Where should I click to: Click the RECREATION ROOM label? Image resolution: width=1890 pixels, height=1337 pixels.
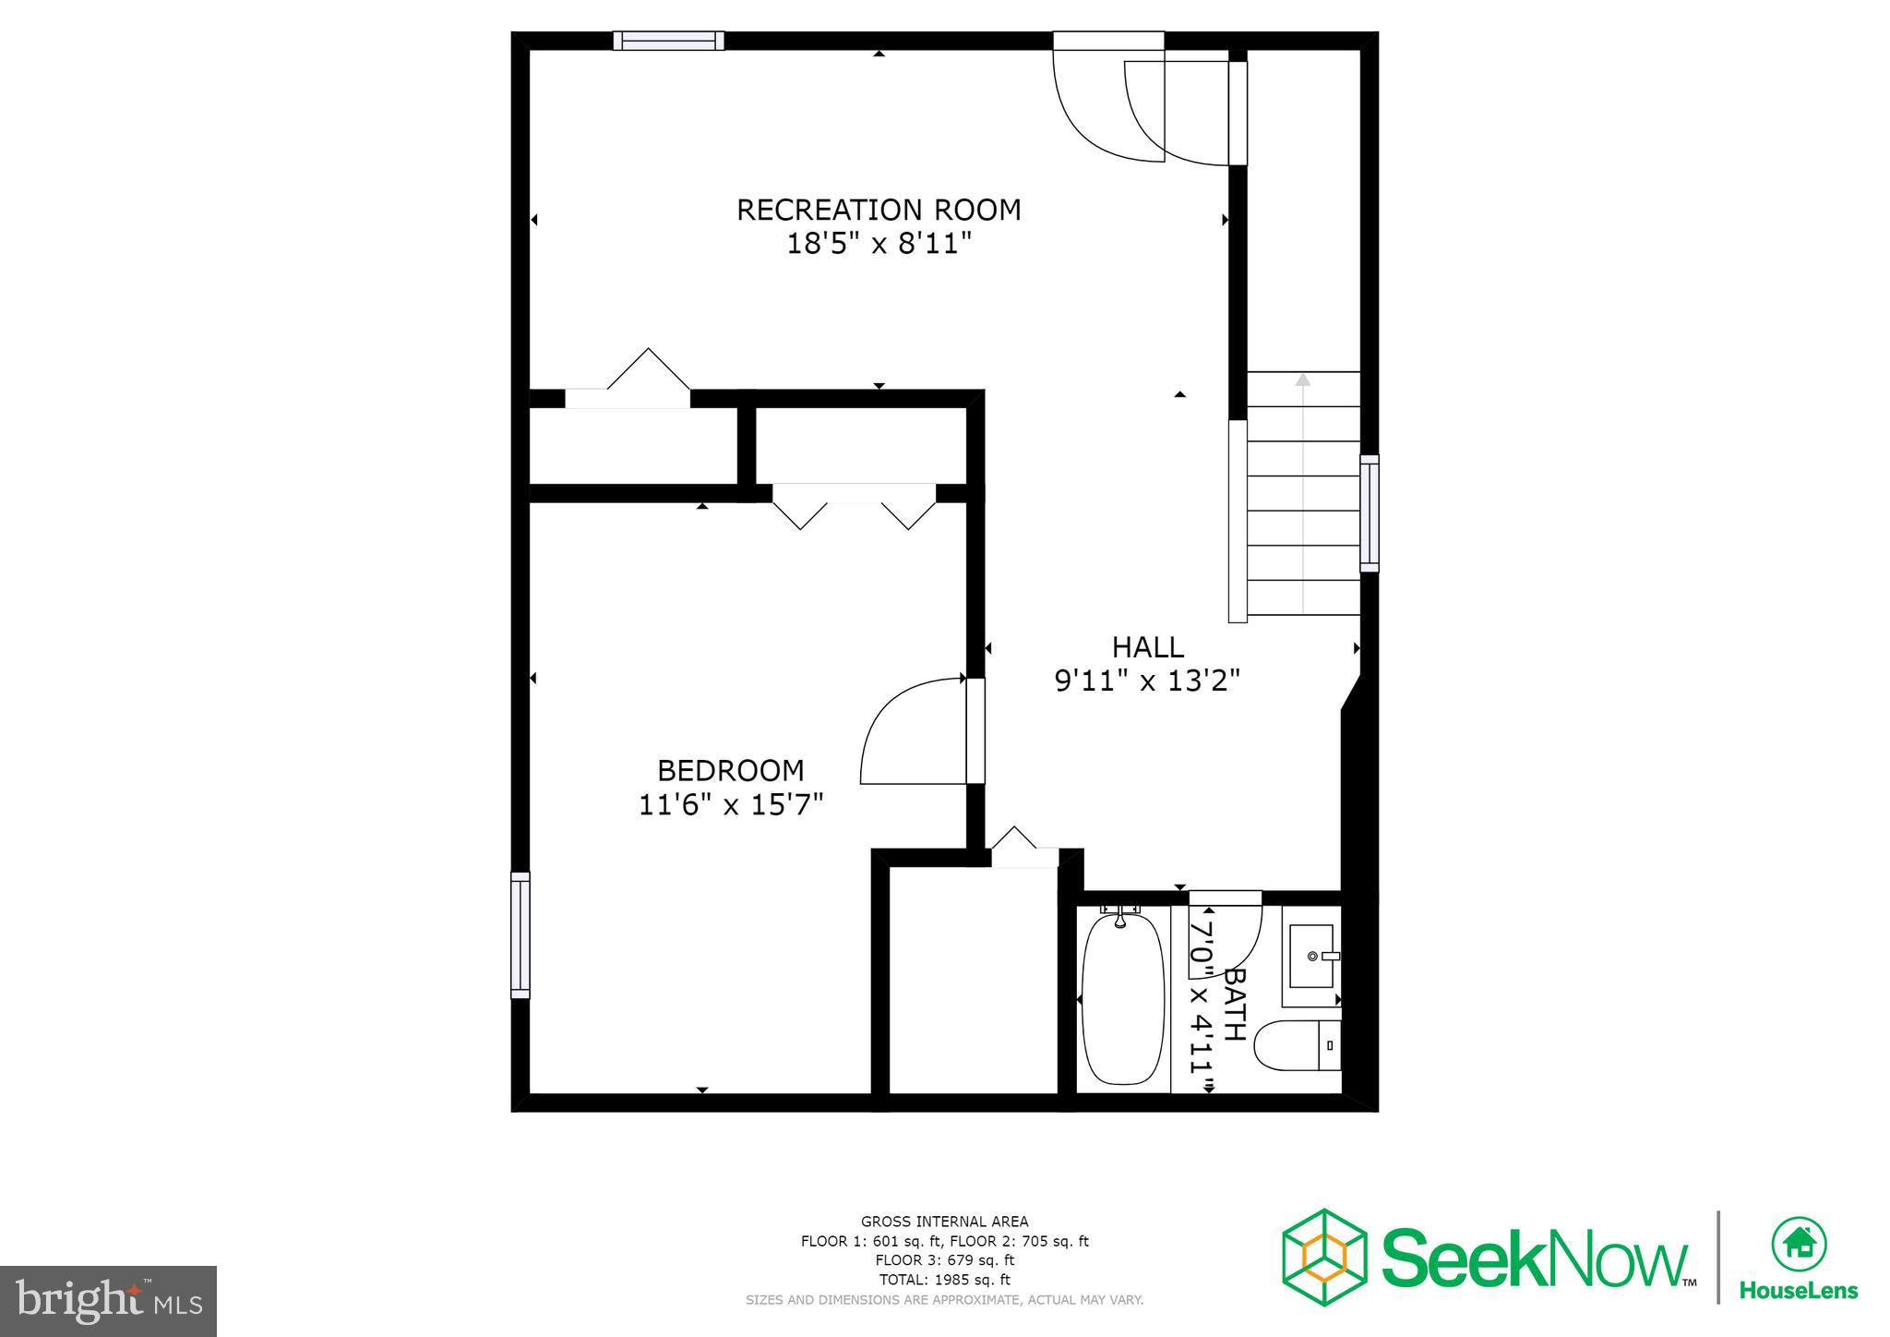click(879, 211)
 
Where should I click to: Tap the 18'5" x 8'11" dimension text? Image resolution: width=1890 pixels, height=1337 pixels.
click(879, 245)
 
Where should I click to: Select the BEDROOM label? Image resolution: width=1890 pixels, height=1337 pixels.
click(730, 771)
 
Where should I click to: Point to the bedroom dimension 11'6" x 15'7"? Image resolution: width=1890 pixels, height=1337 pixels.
click(730, 805)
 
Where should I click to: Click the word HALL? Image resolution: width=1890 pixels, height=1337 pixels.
click(1147, 647)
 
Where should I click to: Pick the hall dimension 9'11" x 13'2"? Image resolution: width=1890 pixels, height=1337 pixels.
click(1147, 681)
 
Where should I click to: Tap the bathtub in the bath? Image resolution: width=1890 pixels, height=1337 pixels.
click(1122, 999)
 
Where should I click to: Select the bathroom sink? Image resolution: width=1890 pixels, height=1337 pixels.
click(1311, 957)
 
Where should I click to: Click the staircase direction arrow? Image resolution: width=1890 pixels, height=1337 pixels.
click(1302, 380)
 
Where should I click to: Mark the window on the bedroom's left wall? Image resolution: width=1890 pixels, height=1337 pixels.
click(520, 935)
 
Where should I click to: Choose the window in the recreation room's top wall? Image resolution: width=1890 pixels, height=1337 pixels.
click(668, 41)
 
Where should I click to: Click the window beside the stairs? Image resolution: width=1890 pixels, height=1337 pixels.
click(1370, 512)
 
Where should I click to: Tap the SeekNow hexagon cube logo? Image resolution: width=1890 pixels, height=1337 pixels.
click(1323, 1257)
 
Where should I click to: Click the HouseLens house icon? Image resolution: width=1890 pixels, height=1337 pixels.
click(1799, 1244)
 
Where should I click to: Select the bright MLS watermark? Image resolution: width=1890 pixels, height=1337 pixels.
click(109, 1301)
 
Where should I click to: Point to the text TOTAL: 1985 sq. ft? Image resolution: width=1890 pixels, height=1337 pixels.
click(944, 1280)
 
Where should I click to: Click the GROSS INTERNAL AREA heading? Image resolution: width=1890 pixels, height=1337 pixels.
click(944, 1222)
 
